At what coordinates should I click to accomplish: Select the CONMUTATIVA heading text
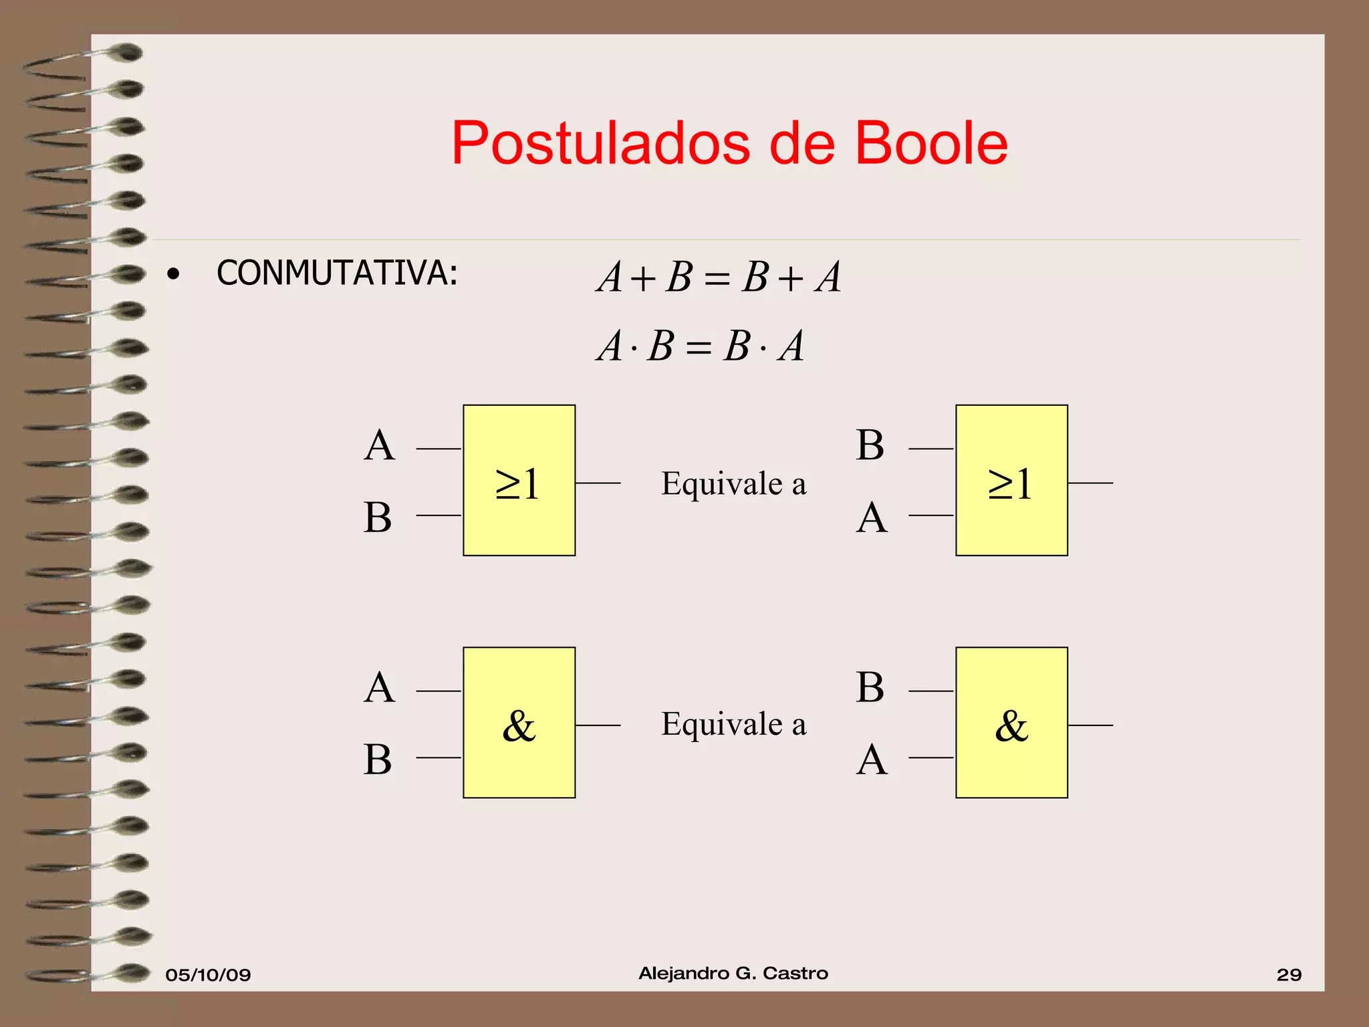coord(337,273)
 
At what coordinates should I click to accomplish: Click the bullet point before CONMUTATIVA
coord(174,274)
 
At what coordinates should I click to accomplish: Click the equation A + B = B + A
coord(719,277)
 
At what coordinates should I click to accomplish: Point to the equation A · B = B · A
coord(700,346)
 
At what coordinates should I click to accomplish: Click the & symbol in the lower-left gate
coord(519,725)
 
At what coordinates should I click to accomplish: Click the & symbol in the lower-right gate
coord(1011,725)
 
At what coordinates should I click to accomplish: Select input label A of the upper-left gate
coord(379,445)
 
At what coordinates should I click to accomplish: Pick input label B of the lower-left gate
coord(378,760)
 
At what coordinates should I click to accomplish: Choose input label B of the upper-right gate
coord(870,445)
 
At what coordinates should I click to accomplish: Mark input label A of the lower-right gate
coord(872,760)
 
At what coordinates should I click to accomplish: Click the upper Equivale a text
coord(733,483)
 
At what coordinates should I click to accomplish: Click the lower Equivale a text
coord(733,724)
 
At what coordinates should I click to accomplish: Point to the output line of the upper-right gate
coord(1090,483)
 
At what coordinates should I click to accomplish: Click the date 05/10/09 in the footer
coord(208,975)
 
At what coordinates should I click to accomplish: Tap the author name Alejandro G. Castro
coord(733,974)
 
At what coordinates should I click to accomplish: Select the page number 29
coord(1289,975)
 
